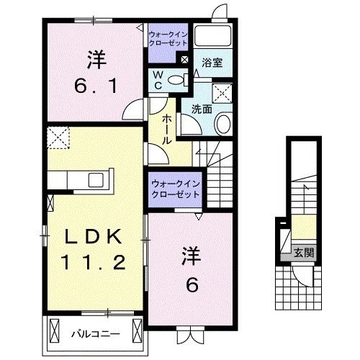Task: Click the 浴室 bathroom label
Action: pyautogui.click(x=212, y=63)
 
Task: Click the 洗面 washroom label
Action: pyautogui.click(x=202, y=109)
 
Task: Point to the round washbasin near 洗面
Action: pyautogui.click(x=223, y=124)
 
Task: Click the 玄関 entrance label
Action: pyautogui.click(x=303, y=252)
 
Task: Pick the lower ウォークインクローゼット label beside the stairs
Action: pyautogui.click(x=175, y=189)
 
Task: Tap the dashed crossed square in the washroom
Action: pyautogui.click(x=223, y=93)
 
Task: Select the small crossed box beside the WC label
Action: pyautogui.click(x=185, y=60)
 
